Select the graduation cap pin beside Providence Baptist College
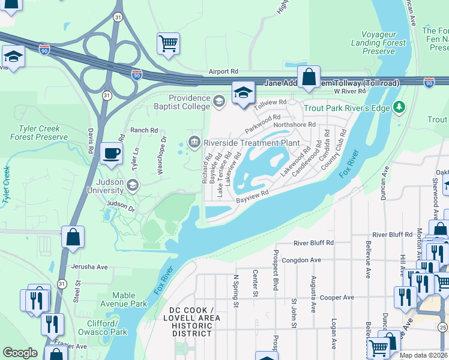point(243,93)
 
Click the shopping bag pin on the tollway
point(309,77)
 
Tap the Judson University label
point(98,191)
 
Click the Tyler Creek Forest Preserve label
point(39,133)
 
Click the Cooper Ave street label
point(337,298)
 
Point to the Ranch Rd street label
point(143,130)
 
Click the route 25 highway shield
point(442,327)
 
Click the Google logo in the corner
point(20,353)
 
